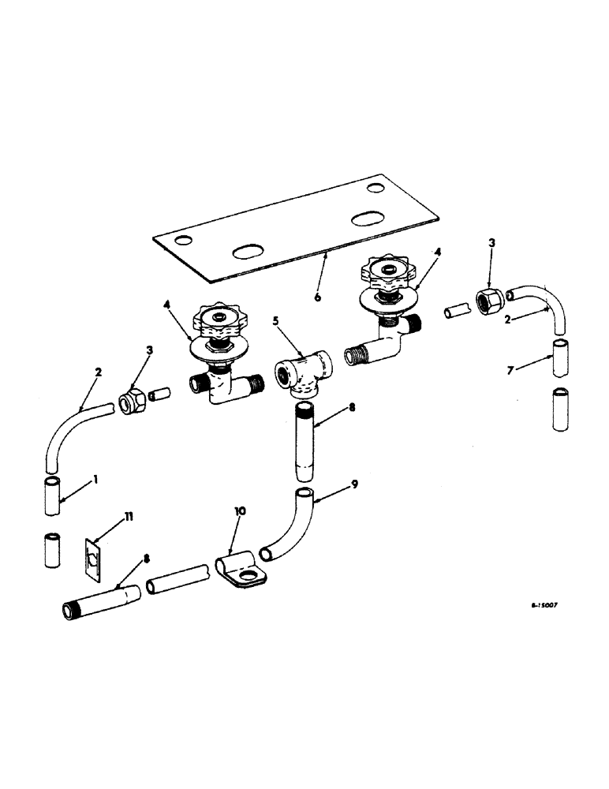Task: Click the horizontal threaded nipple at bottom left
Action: click(101, 601)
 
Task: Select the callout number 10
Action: click(241, 511)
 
